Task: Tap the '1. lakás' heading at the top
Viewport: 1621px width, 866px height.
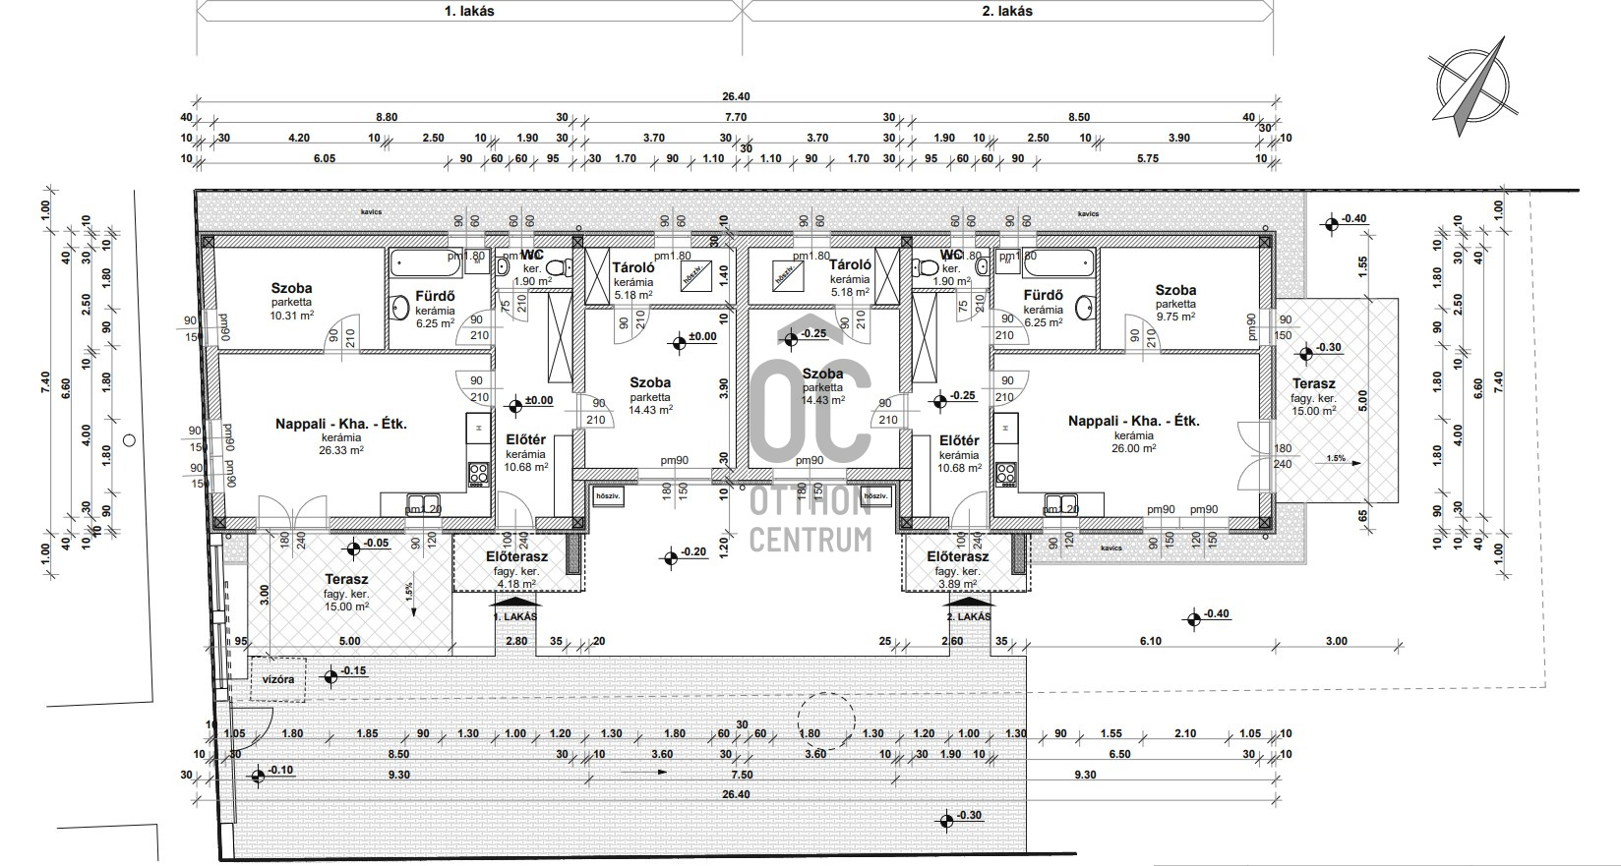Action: [x=468, y=12]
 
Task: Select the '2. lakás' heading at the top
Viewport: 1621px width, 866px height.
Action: [x=1007, y=12]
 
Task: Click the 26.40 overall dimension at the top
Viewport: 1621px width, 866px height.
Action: [x=736, y=96]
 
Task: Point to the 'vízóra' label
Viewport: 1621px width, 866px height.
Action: [x=277, y=678]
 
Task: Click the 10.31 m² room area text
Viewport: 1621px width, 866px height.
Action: [x=292, y=316]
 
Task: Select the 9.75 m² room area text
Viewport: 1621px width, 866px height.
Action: [x=1175, y=317]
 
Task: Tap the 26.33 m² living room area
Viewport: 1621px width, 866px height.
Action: [x=340, y=450]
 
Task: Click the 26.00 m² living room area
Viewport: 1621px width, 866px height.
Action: [x=1133, y=447]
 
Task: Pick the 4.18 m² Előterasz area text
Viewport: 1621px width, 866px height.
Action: [x=516, y=584]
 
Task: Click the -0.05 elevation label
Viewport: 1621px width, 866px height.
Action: [x=375, y=543]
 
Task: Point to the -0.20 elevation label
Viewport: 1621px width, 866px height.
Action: [x=692, y=551]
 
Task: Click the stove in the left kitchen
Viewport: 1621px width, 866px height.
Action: [x=478, y=474]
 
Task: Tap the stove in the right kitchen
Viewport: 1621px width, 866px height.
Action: [x=1006, y=474]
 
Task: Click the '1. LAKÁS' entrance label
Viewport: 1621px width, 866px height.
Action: [x=515, y=616]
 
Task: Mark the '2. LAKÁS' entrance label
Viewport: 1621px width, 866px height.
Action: [x=968, y=616]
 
